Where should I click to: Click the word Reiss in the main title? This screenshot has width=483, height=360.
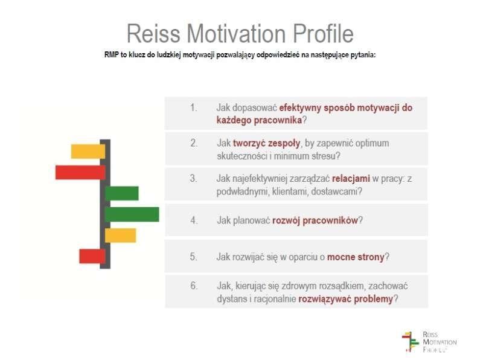[153, 33]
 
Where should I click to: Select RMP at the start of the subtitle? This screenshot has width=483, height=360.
[112, 55]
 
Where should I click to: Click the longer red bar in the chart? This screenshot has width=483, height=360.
[80, 172]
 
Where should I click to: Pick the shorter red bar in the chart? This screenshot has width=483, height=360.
[92, 256]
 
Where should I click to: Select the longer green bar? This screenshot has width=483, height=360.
[132, 214]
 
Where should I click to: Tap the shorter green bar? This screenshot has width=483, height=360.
[122, 193]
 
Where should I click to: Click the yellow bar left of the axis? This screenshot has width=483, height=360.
[88, 152]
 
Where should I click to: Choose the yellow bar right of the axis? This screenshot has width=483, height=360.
[120, 236]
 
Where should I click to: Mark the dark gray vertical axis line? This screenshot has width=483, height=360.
[105, 204]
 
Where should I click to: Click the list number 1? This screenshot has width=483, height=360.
[193, 108]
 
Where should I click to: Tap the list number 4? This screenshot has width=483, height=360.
[193, 220]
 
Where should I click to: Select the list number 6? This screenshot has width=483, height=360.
[193, 286]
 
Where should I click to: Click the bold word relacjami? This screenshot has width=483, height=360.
[351, 178]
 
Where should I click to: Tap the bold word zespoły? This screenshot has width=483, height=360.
[266, 143]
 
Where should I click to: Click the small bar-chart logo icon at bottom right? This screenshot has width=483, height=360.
[411, 341]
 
